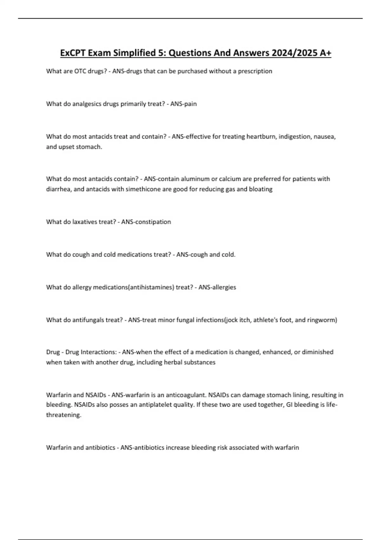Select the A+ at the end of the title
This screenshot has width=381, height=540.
click(x=325, y=53)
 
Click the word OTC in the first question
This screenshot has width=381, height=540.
click(x=80, y=71)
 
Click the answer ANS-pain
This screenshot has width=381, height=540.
click(x=184, y=104)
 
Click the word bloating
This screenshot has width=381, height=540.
click(x=261, y=189)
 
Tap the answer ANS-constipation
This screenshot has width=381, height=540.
click(x=146, y=222)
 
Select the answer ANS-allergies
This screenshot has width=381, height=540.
click(x=217, y=287)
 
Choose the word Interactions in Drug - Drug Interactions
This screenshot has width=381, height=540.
click(x=99, y=352)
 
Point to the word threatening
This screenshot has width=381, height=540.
click(x=63, y=415)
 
